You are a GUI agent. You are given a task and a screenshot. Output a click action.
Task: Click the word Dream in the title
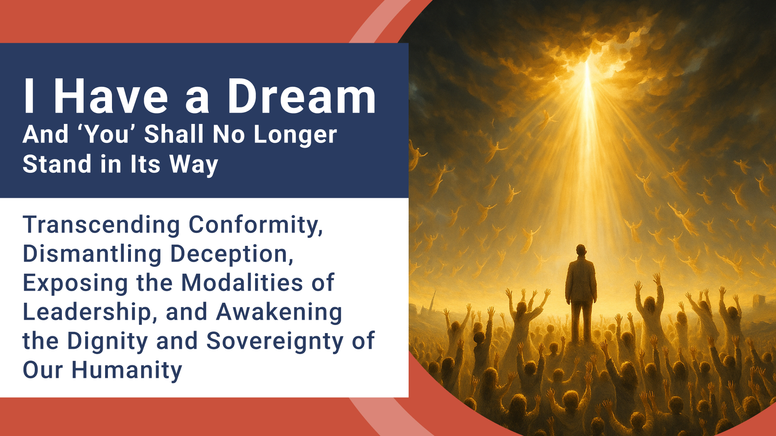(x=302, y=97)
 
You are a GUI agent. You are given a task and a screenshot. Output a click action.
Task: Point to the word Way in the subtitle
(x=194, y=165)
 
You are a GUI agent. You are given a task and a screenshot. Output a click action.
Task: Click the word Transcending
(x=101, y=225)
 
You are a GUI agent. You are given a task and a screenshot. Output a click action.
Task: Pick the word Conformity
(x=255, y=225)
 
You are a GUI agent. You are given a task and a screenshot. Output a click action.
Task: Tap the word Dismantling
(x=92, y=254)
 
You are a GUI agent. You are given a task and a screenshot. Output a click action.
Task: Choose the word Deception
(x=232, y=254)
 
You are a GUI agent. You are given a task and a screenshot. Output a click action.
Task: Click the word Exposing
(x=75, y=283)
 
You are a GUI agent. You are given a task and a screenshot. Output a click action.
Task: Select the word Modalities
(x=242, y=283)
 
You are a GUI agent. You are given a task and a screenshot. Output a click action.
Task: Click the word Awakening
(x=279, y=312)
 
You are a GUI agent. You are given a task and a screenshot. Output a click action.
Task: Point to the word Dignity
(x=108, y=342)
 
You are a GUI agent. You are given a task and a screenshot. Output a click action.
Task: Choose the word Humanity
(x=127, y=370)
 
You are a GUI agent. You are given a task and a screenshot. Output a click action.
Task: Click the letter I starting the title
(x=29, y=97)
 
